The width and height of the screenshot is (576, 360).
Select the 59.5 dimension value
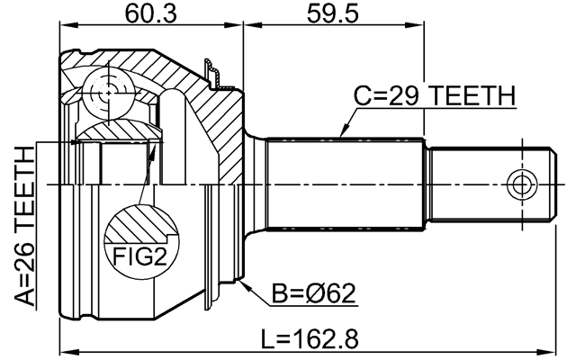click(x=334, y=15)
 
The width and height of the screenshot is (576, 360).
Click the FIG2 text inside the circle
click(x=139, y=257)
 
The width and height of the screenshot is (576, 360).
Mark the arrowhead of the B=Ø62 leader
click(x=245, y=282)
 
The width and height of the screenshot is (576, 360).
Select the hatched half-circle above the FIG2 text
click(x=139, y=222)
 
